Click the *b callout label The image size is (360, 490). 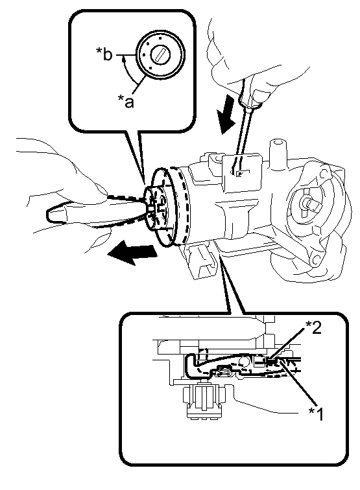click(x=104, y=55)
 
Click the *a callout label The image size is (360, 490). click(x=126, y=101)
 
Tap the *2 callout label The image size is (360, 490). click(x=313, y=328)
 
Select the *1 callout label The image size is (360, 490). click(x=316, y=414)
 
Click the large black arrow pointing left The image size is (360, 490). click(x=131, y=253)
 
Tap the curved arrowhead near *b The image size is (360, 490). click(x=124, y=58)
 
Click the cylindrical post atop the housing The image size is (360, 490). click(x=277, y=154)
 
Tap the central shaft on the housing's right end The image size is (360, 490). click(x=311, y=204)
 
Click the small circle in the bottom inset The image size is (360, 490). click(x=243, y=362)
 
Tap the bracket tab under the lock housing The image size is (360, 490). click(x=200, y=260)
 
